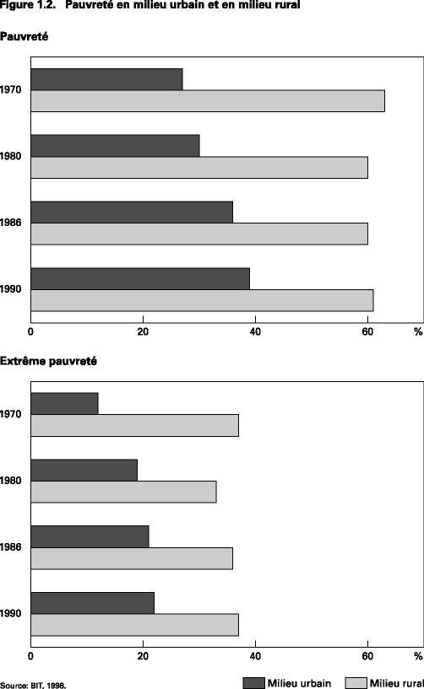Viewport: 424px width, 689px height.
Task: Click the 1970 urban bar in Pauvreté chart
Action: point(107,79)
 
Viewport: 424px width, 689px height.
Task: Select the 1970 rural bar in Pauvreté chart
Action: point(208,100)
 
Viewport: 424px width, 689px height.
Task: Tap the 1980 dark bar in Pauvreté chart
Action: point(116,145)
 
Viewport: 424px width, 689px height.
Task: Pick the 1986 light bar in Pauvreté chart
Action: point(199,234)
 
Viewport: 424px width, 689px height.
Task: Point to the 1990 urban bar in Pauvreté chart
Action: point(140,278)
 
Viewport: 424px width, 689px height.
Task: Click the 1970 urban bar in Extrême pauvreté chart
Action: point(65,403)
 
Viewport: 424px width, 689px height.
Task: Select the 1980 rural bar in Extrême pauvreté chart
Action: point(123,492)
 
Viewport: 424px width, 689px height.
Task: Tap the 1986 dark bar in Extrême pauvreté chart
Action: point(90,536)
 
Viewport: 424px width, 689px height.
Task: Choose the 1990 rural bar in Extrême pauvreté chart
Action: point(135,625)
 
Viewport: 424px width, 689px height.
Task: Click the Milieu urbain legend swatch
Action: point(254,683)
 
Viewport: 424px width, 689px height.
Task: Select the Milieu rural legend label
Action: point(397,683)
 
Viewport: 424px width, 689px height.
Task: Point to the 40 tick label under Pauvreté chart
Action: point(255,331)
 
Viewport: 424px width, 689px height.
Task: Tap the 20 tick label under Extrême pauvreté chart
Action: point(143,656)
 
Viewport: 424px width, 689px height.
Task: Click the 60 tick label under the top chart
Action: point(367,331)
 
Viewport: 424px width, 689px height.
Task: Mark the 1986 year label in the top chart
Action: point(11,223)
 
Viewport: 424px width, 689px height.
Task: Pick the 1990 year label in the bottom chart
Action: point(11,613)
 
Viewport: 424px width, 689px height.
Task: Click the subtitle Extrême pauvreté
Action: point(48,361)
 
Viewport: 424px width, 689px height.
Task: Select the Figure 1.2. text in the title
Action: point(28,5)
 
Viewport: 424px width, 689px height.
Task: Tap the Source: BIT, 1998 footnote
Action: point(34,686)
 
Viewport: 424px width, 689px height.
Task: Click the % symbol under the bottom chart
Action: point(418,656)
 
